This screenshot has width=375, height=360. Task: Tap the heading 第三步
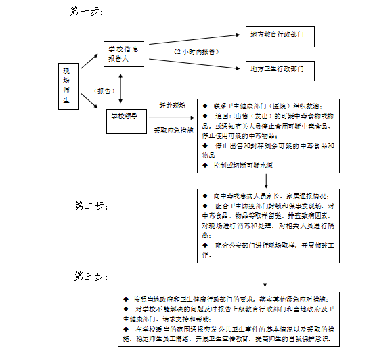[x=91, y=276]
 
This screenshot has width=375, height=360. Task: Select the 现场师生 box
[x=66, y=85]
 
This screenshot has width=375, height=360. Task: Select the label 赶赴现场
[x=172, y=105]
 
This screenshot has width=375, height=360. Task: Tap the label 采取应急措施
[x=173, y=129]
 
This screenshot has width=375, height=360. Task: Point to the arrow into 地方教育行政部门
[x=203, y=35]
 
